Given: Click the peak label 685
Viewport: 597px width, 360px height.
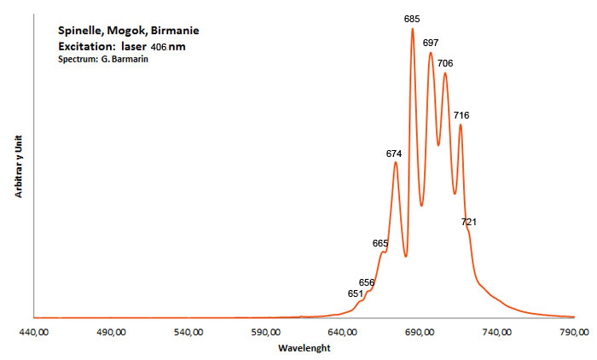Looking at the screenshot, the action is [412, 19].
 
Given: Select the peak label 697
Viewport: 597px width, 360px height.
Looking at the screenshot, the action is [431, 43].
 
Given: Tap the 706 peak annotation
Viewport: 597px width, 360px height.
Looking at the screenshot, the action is [445, 63].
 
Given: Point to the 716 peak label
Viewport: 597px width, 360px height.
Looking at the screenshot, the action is [461, 115].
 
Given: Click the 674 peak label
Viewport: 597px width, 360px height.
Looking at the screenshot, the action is [394, 154].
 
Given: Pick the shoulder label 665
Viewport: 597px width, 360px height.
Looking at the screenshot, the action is [380, 243].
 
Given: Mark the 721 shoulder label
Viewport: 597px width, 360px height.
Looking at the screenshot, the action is [469, 222].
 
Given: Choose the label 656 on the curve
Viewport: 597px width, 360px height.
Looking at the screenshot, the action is [367, 282].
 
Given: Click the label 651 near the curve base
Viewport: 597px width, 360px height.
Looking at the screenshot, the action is [356, 293].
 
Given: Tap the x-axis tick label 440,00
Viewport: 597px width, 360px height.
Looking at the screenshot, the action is [34, 332].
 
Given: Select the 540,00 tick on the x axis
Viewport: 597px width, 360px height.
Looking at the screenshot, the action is [188, 332].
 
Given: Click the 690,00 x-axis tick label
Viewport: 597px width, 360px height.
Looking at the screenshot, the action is [420, 332].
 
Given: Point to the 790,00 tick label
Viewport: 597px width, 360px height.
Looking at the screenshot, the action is [574, 332].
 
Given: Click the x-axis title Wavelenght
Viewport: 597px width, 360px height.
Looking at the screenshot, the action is [304, 348].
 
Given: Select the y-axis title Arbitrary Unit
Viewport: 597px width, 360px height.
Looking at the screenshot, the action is [19, 166].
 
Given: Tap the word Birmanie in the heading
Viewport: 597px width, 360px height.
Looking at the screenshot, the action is [175, 31].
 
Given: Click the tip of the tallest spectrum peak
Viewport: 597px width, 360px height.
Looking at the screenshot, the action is [412, 28].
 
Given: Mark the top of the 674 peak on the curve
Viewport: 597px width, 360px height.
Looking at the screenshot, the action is [396, 162].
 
